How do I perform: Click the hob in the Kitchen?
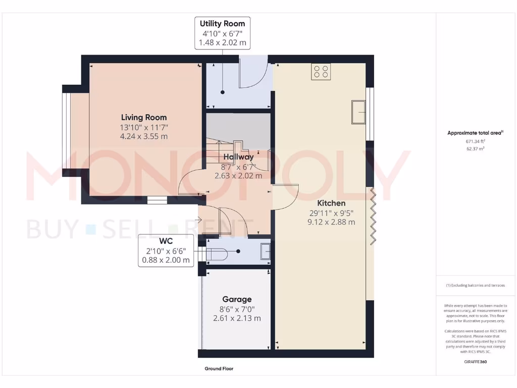pos(321,72)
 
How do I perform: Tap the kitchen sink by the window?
pos(359,112)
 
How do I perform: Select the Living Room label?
pos(144,117)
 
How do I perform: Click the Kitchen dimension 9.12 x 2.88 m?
pos(332,222)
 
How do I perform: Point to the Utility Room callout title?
pos(222,24)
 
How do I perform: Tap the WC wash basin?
pos(265,252)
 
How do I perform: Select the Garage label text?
pos(237,299)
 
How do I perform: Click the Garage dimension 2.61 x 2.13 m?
pos(237,318)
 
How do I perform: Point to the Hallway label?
pos(239,157)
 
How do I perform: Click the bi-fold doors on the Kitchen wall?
pos(373,216)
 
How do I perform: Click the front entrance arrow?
pos(199,220)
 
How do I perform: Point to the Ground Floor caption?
pos(219,369)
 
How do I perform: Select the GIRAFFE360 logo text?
pos(475,362)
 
